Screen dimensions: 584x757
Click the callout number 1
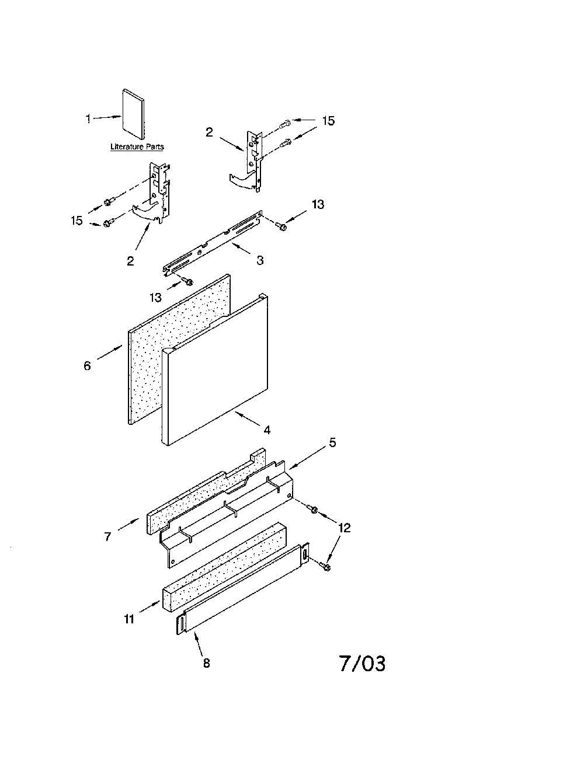click(x=88, y=119)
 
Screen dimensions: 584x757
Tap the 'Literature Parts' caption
click(x=137, y=146)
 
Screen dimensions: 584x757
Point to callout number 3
click(x=260, y=260)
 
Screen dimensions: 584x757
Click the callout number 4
click(x=267, y=430)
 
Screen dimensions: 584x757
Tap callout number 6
click(x=87, y=366)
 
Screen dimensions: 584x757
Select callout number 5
click(x=332, y=443)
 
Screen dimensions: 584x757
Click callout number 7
click(x=107, y=537)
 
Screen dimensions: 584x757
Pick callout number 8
click(x=207, y=663)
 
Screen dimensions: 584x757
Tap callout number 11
click(x=129, y=619)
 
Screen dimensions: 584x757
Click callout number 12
click(x=344, y=528)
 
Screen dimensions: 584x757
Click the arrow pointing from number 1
click(x=107, y=118)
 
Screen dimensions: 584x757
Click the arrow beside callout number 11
click(x=150, y=606)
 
